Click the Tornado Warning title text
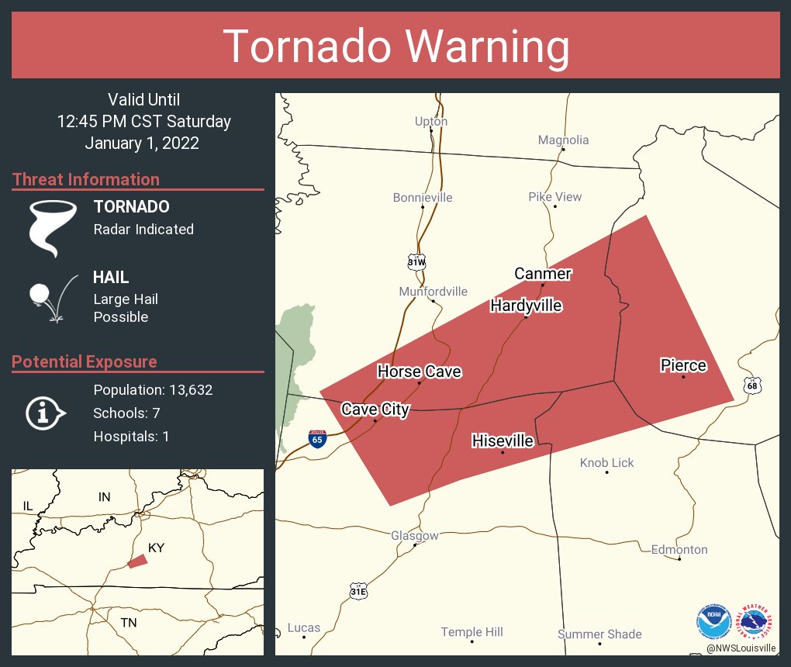pyautogui.click(x=395, y=46)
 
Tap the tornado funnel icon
pyautogui.click(x=52, y=227)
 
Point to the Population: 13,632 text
pyautogui.click(x=153, y=389)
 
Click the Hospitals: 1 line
pyautogui.click(x=131, y=436)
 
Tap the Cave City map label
pyautogui.click(x=375, y=410)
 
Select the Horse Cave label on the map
pyautogui.click(x=419, y=372)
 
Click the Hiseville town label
pyautogui.click(x=503, y=441)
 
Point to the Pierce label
pyautogui.click(x=683, y=365)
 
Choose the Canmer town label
pyautogui.click(x=543, y=273)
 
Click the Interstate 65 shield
pyautogui.click(x=316, y=438)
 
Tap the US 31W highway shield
pyautogui.click(x=416, y=261)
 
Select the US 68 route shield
pyautogui.click(x=751, y=385)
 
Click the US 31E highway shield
pyautogui.click(x=358, y=591)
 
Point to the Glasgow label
pyautogui.click(x=414, y=535)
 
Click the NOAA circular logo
pyautogui.click(x=713, y=622)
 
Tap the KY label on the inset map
pyautogui.click(x=157, y=548)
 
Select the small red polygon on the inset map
pyautogui.click(x=137, y=561)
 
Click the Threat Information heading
pyautogui.click(x=86, y=179)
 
